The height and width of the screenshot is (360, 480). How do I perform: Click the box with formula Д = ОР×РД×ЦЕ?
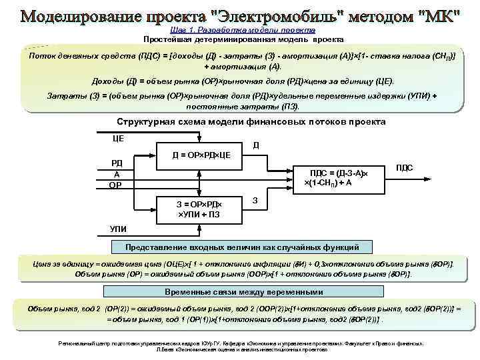pyautogui.click(x=201, y=155)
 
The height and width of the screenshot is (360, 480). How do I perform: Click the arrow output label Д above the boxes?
pyautogui.click(x=257, y=145)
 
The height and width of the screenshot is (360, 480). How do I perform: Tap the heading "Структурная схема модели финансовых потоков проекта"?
pyautogui.click(x=251, y=123)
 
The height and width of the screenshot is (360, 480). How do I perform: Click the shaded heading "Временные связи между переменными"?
pyautogui.click(x=243, y=292)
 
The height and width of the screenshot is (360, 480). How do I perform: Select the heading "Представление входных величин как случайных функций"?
pyautogui.click(x=243, y=247)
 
